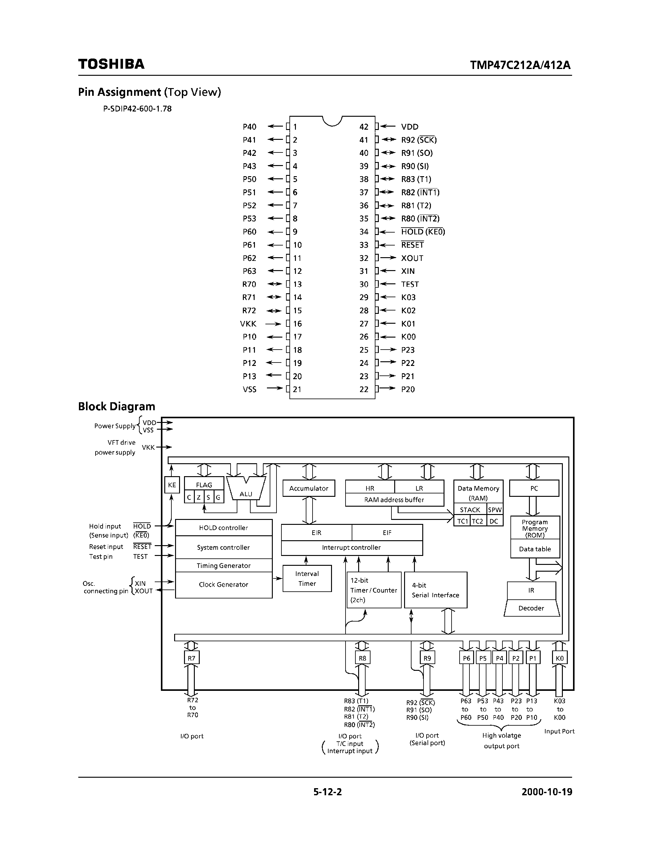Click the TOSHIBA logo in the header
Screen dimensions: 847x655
coord(111,64)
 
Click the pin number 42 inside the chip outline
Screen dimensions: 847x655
coord(364,127)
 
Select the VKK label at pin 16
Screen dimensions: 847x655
coord(248,323)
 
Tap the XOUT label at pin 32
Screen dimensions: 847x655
coord(412,258)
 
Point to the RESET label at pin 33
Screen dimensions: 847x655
coord(412,245)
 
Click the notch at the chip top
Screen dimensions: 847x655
coord(332,121)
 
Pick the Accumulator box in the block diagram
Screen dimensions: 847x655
coord(309,488)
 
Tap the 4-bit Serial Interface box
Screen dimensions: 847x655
coord(435,590)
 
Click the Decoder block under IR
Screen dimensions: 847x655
coord(531,608)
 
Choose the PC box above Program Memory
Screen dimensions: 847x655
coord(534,488)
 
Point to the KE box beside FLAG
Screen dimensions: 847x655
coord(172,485)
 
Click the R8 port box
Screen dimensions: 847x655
coord(362,658)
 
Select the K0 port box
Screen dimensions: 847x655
coord(559,658)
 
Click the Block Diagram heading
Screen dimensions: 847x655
coord(117,407)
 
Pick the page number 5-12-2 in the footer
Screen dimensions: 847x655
coord(327,792)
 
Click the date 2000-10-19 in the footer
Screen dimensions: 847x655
coord(547,792)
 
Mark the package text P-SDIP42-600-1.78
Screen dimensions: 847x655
coord(137,109)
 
